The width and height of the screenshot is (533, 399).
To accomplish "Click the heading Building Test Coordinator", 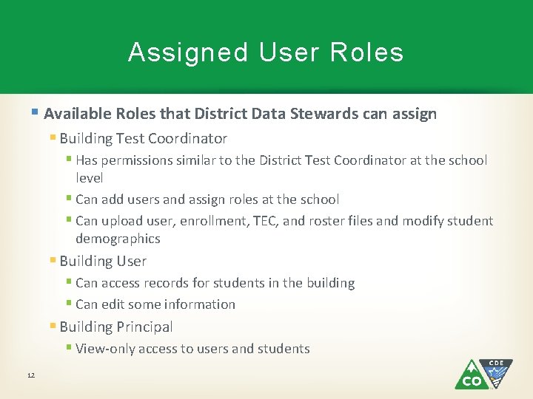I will point(143,138).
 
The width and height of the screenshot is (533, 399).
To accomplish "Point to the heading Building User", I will point(103,261).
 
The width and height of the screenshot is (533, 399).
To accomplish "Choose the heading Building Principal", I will point(115,327).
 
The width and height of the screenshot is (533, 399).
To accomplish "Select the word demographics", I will point(118,239).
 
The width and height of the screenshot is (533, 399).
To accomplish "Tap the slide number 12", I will point(31,375).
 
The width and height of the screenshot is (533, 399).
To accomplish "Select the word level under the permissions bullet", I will point(89,178).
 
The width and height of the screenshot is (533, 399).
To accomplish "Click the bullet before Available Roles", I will point(36,113).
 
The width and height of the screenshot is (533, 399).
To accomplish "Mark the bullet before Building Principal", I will point(53,327).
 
